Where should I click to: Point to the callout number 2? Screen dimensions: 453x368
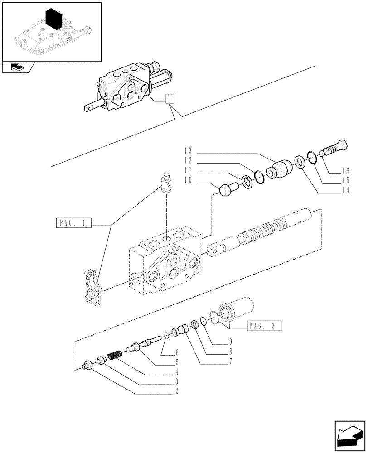pyautogui.click(x=177, y=390)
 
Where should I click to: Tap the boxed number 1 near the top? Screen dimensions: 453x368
pyautogui.click(x=170, y=98)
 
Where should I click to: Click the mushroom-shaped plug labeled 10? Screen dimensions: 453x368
pyautogui.click(x=227, y=188)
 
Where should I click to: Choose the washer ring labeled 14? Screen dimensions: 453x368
pyautogui.click(x=299, y=161)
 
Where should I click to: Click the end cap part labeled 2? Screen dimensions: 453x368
pyautogui.click(x=87, y=366)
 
